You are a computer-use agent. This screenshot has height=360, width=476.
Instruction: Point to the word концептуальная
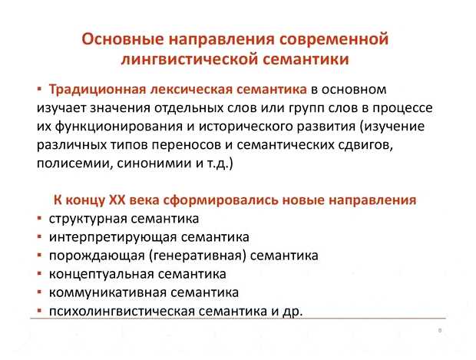click(x=98, y=273)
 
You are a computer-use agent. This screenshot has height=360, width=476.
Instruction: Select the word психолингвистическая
click(x=117, y=310)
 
